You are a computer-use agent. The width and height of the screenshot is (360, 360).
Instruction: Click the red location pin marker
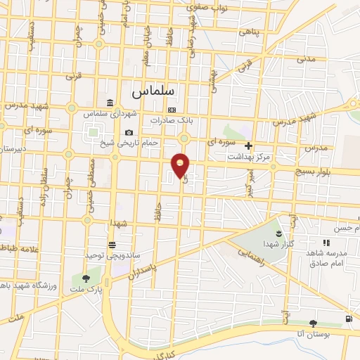(181, 165)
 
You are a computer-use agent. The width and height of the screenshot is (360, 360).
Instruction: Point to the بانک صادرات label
(171, 120)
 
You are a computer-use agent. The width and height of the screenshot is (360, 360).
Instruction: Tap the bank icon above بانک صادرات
(172, 110)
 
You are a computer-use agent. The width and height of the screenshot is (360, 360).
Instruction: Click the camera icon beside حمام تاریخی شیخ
(129, 133)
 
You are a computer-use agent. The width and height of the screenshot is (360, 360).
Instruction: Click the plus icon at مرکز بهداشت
(248, 146)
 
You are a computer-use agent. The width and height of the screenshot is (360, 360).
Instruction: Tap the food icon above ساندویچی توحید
(112, 244)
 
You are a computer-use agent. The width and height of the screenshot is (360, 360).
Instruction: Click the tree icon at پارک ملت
(86, 278)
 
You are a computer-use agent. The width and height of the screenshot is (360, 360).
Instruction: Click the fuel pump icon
(349, 320)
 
